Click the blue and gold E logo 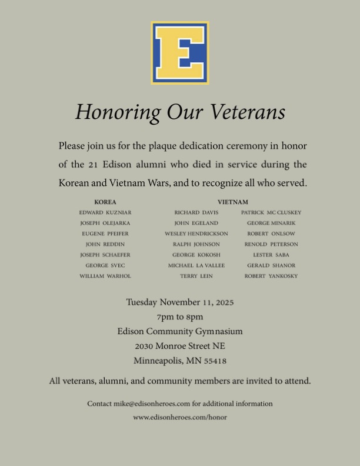coord(180,53)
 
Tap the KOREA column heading coord(105,202)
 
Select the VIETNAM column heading coord(232,202)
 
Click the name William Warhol coord(105,276)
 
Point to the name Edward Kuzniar coord(105,212)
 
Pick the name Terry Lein coord(196,276)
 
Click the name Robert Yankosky coord(271,276)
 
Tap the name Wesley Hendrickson coord(196,234)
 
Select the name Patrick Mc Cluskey coord(271,212)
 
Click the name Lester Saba coord(271,255)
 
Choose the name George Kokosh coord(196,255)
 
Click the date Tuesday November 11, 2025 coord(180,302)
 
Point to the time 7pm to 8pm coord(180,317)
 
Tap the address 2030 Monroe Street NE coord(180,346)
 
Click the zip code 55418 coord(215,361)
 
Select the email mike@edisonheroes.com coord(152,404)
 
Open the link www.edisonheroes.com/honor coord(180,417)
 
